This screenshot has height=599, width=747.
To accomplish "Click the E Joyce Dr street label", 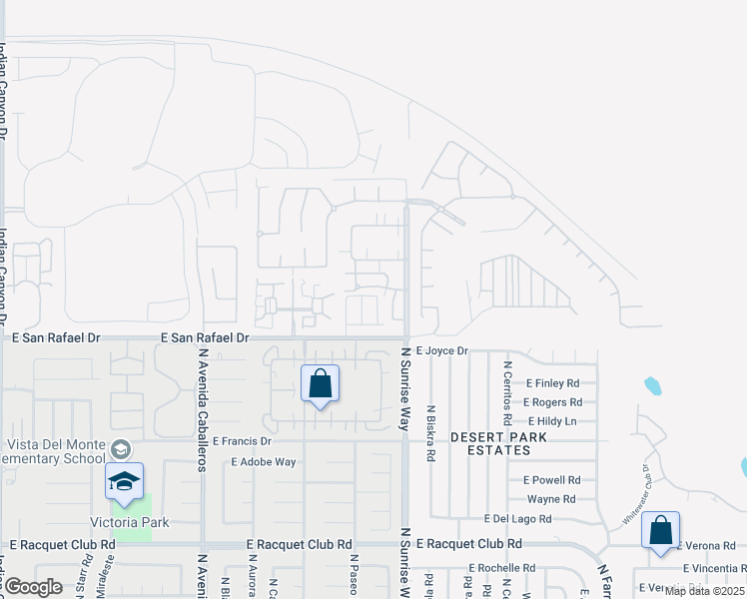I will click(441, 351).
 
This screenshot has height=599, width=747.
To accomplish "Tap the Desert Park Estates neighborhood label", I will click(490, 444).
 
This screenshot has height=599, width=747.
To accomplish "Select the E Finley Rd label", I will click(550, 383).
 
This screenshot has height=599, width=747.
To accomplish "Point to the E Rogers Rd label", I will click(552, 402).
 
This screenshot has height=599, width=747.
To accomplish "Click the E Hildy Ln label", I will click(552, 421).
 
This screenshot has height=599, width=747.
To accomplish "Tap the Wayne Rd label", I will click(551, 499).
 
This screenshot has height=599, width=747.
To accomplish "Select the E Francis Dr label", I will click(242, 441).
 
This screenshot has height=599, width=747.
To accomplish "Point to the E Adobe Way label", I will click(264, 462).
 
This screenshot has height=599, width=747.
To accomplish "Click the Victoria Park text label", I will click(130, 522).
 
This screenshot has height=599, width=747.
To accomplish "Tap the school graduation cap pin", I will click(124, 483).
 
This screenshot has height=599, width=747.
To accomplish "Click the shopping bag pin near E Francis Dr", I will click(320, 384).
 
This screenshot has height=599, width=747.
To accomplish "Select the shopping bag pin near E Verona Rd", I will click(660, 531).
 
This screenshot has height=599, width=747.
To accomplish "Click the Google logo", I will click(34, 587).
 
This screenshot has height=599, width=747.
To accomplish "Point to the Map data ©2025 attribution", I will click(704, 591).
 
